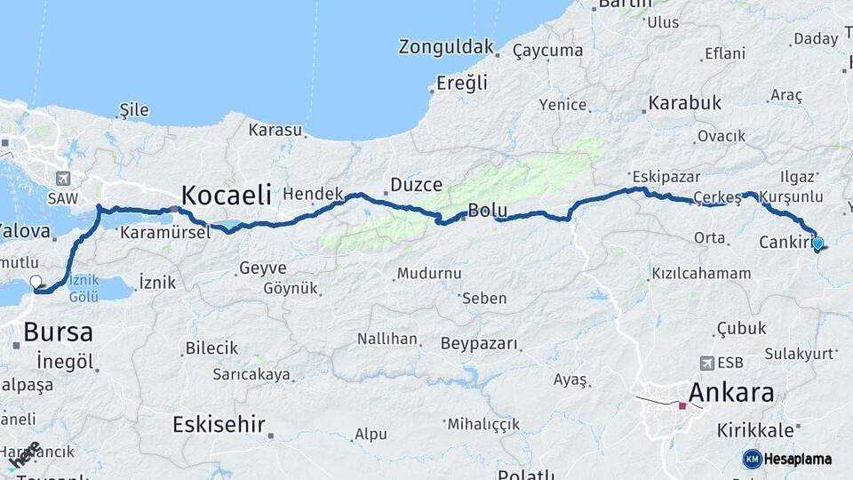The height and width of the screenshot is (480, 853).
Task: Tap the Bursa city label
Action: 58,332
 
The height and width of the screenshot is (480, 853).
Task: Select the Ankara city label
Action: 730,392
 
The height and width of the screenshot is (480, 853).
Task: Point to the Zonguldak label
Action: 446,46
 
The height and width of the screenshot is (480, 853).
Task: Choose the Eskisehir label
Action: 219,424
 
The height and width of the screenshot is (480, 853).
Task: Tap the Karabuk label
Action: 684,103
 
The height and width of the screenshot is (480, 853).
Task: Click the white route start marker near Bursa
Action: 36,283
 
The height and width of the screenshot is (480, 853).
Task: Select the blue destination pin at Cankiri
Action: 817,243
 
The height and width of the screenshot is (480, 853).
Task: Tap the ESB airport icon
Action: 707,363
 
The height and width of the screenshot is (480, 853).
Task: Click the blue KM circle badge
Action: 752,459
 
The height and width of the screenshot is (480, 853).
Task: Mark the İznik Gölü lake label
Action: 84,287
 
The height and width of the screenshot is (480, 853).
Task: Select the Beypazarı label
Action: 479,343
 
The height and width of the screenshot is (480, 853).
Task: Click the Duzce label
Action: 417,185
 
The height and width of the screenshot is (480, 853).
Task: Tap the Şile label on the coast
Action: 134,110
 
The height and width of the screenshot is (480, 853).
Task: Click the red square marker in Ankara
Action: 682,406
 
